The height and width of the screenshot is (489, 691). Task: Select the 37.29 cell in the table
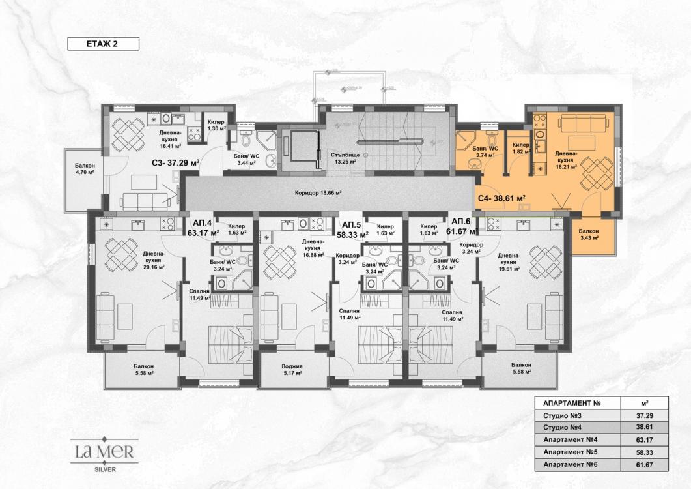tap(640, 415)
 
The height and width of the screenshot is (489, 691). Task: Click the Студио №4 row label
tap(561, 427)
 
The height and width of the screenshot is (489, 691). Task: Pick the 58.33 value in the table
tap(640, 451)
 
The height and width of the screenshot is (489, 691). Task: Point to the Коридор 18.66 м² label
tap(318, 193)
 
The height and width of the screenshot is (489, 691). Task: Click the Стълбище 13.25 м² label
tap(345, 158)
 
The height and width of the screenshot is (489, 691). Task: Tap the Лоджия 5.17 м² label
tap(292, 370)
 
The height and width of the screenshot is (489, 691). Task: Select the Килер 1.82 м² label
tap(520, 148)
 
